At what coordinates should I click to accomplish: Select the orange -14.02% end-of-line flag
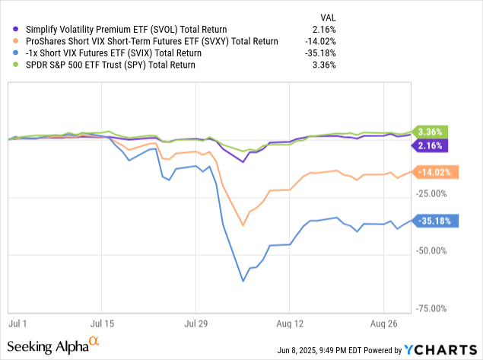point(434,172)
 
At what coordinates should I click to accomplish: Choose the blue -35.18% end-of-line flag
point(434,221)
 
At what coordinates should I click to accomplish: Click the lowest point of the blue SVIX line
point(243,282)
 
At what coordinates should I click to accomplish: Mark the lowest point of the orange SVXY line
point(243,225)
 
